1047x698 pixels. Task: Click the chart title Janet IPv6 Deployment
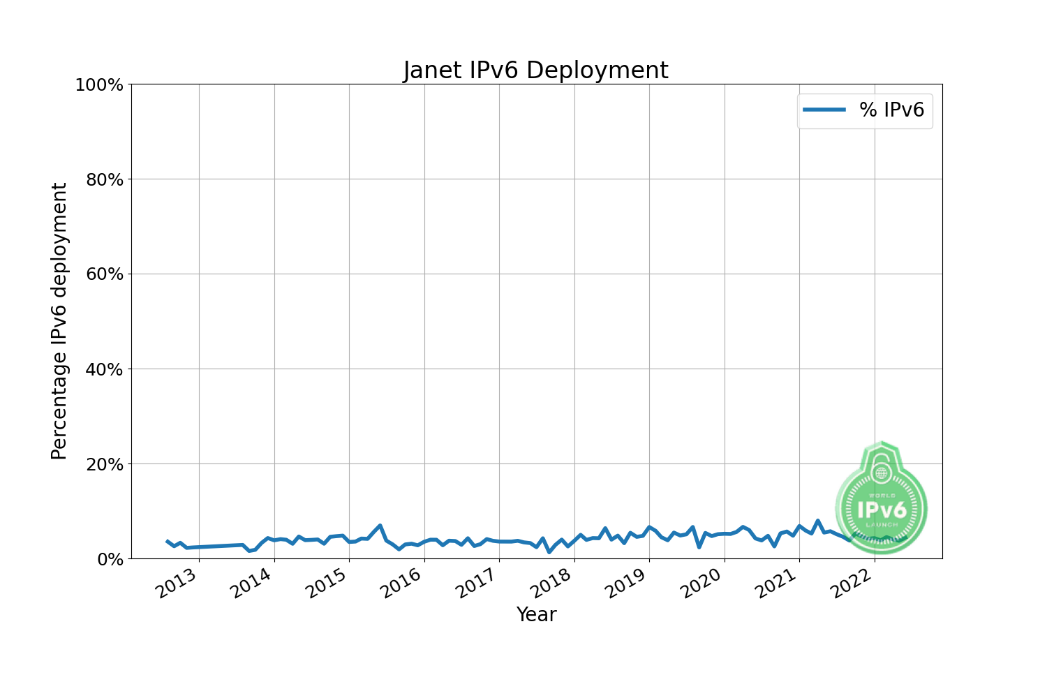pos(535,70)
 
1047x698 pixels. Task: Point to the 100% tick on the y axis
pos(99,85)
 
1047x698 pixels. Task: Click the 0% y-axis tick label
pos(109,559)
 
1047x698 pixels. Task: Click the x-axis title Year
pos(536,615)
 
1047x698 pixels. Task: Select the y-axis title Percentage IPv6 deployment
pos(60,321)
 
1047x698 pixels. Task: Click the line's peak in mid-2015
pos(380,525)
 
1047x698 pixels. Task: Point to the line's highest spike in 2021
pos(817,521)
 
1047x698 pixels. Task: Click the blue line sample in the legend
pos(824,110)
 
